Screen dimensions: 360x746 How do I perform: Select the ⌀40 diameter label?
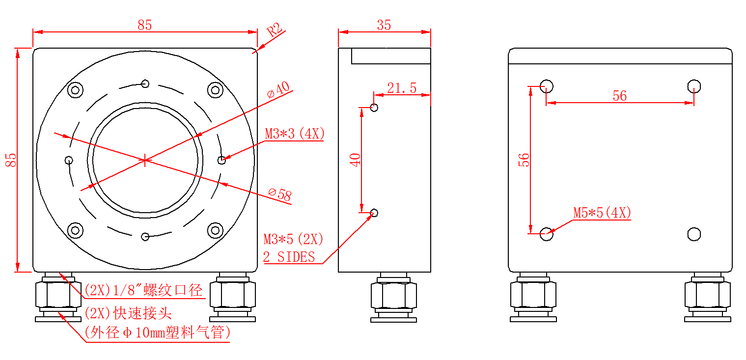278,90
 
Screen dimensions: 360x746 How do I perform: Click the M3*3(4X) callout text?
295,134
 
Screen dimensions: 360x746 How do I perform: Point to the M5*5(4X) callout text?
602,213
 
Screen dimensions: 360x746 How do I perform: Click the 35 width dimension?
384,25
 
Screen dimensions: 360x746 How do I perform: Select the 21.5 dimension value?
402,88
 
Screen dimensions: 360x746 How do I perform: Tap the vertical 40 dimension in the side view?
355,160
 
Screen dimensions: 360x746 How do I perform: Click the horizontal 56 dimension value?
619,96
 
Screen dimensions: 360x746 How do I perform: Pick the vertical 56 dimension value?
525,160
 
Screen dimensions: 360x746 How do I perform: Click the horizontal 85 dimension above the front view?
144,25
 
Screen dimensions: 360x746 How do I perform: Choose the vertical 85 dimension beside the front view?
11,160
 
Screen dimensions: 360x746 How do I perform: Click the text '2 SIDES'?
289,257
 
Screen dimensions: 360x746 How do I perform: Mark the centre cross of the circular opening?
145,160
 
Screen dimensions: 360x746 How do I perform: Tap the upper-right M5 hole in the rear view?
693,86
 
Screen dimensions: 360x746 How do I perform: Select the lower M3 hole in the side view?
374,213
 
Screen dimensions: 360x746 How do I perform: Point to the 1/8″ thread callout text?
143,290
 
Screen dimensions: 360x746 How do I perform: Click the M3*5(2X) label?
293,239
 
